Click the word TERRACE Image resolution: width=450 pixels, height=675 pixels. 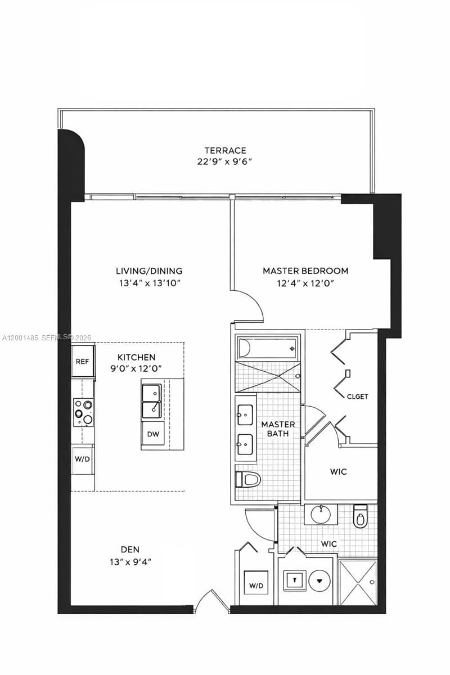pyautogui.click(x=225, y=150)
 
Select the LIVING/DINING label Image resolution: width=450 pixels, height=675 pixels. pyautogui.click(x=149, y=271)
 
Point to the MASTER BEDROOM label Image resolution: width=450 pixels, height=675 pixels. pyautogui.click(x=305, y=271)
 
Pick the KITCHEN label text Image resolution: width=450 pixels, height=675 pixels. pyautogui.click(x=136, y=357)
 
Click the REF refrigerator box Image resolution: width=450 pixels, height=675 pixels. pyautogui.click(x=83, y=361)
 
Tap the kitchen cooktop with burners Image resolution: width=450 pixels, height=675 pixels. pyautogui.click(x=83, y=412)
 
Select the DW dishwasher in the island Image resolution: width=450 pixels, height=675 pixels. pyautogui.click(x=152, y=434)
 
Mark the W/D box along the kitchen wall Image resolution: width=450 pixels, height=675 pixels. pyautogui.click(x=82, y=458)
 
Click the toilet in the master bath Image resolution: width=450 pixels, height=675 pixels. pyautogui.click(x=248, y=479)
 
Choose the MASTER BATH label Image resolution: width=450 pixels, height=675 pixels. pyautogui.click(x=278, y=429)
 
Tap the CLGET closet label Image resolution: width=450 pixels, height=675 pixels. pyautogui.click(x=357, y=397)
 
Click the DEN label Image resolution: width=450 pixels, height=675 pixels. pyautogui.click(x=130, y=549)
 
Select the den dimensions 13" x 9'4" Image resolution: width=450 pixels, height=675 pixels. pyautogui.click(x=130, y=561)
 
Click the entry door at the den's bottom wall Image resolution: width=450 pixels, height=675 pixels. pyautogui.click(x=212, y=601)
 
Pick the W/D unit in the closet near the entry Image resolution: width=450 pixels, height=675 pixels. pyautogui.click(x=255, y=585)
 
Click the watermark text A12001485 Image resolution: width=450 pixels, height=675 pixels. pyautogui.click(x=21, y=337)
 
